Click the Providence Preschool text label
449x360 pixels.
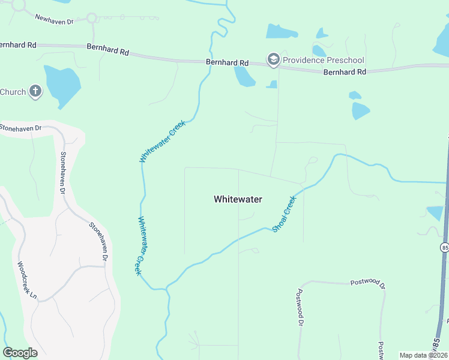tap(323, 59)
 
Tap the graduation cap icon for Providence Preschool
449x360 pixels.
tap(274, 59)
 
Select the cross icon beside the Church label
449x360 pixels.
tap(35, 92)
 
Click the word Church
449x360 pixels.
tap(13, 92)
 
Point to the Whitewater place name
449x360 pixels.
tap(238, 199)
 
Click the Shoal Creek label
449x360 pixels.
tap(284, 214)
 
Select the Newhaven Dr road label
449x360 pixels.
tap(53, 20)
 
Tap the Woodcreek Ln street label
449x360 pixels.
tap(27, 281)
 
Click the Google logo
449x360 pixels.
tap(20, 352)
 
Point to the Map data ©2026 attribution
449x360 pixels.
tap(423, 355)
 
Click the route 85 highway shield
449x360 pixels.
tap(445, 247)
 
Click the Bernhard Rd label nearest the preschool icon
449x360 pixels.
tap(227, 62)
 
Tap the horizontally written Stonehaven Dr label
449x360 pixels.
tap(22, 128)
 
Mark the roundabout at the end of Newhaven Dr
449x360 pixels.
tap(92, 18)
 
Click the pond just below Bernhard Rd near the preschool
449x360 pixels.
tap(244, 76)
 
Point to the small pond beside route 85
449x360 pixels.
tap(435, 212)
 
